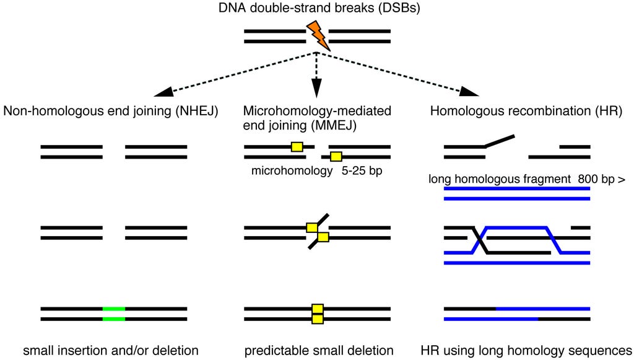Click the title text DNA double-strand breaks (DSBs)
point(317,9)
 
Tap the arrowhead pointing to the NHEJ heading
point(162,92)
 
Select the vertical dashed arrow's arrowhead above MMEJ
point(316,90)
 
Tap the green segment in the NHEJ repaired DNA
point(114,314)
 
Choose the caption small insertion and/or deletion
point(111,351)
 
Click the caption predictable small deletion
point(319,351)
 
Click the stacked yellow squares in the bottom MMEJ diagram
point(318,314)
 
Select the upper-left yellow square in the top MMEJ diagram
point(297,147)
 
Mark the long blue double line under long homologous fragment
point(517,193)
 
